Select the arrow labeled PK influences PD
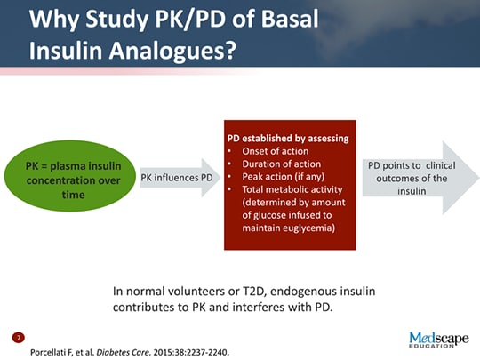179,178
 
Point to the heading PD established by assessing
288,138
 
